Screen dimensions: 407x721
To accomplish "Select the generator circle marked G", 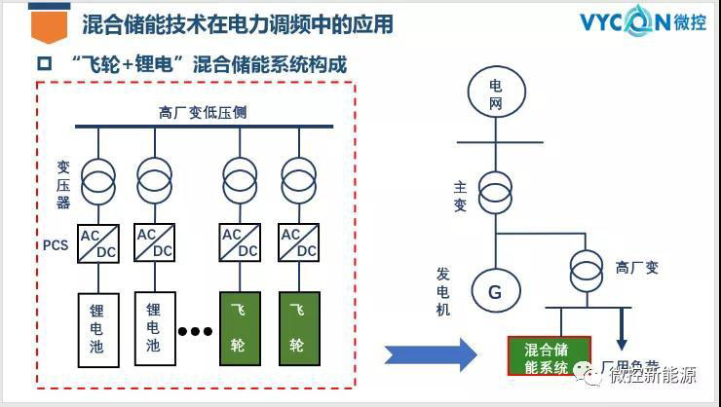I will [x=494, y=290].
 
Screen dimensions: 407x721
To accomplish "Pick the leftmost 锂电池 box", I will [x=96, y=326].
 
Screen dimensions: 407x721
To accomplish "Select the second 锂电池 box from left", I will [x=154, y=326].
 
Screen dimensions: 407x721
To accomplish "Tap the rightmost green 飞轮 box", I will [x=298, y=326].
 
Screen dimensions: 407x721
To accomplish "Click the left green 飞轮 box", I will [x=240, y=326].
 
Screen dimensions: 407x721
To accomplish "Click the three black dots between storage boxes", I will [x=195, y=331].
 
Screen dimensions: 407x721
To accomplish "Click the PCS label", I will [x=56, y=244].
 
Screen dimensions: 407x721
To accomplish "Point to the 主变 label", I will [x=461, y=195].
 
